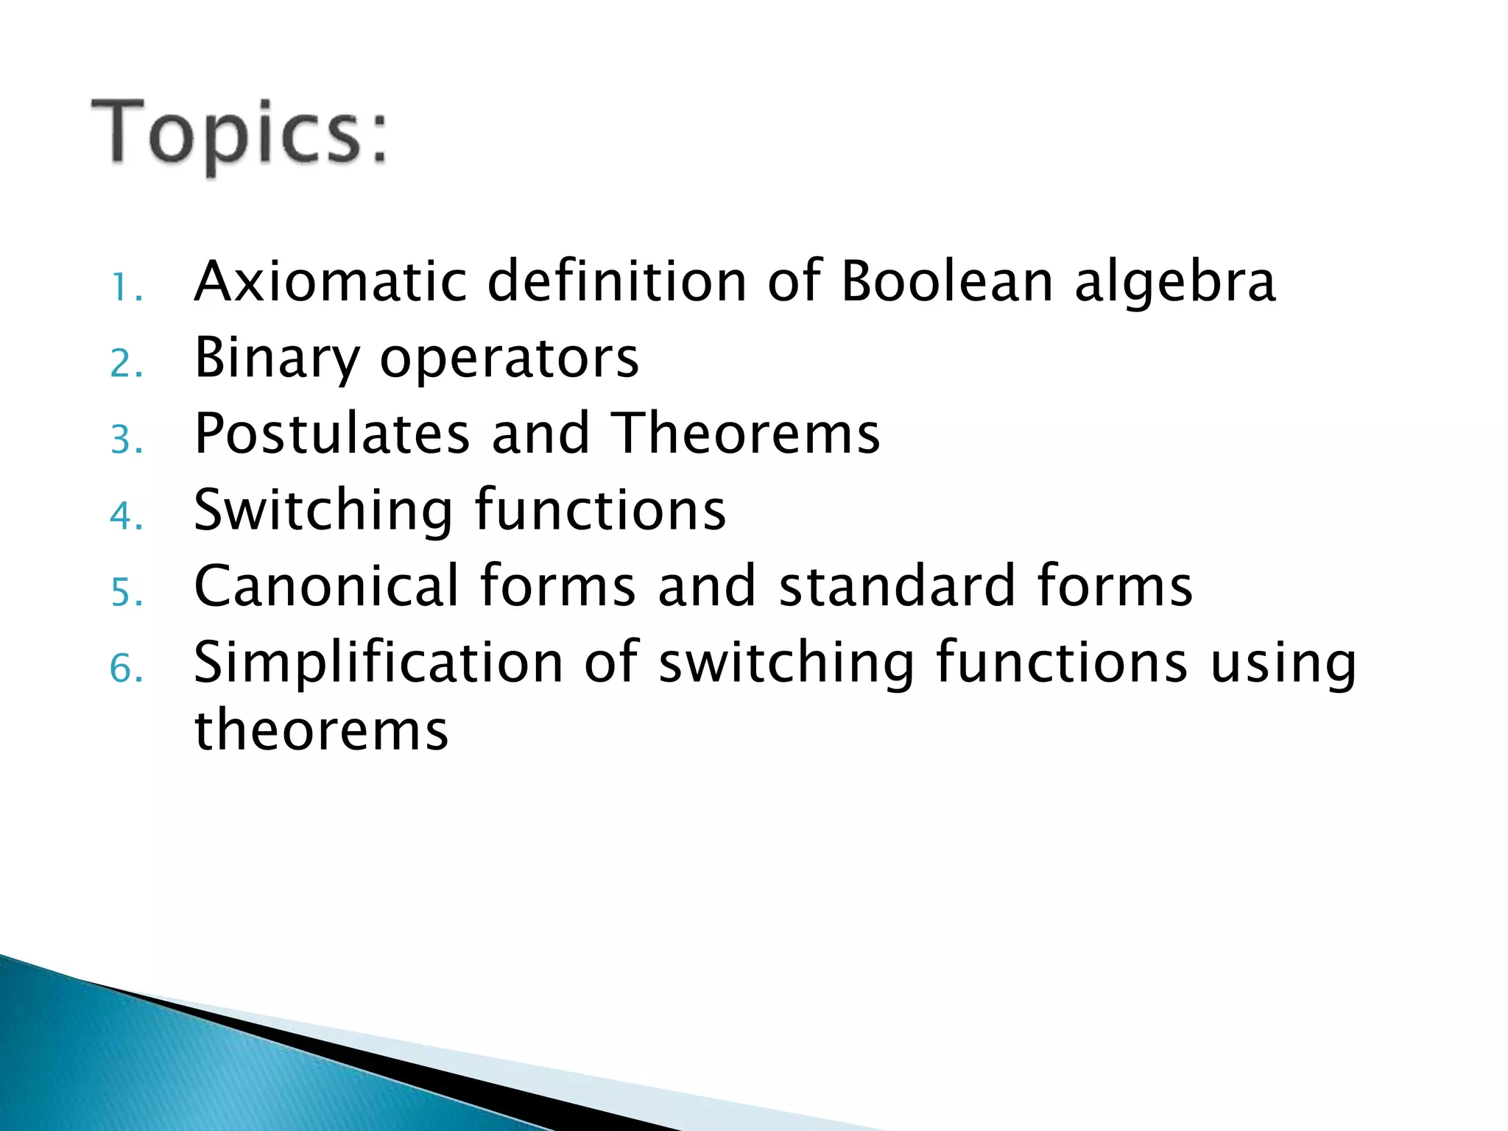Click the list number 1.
125,288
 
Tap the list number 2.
126,364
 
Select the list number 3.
126,440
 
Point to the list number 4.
126,515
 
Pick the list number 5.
126,592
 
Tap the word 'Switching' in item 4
323,510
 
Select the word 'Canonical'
327,585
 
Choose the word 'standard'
898,585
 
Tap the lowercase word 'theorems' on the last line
321,730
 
